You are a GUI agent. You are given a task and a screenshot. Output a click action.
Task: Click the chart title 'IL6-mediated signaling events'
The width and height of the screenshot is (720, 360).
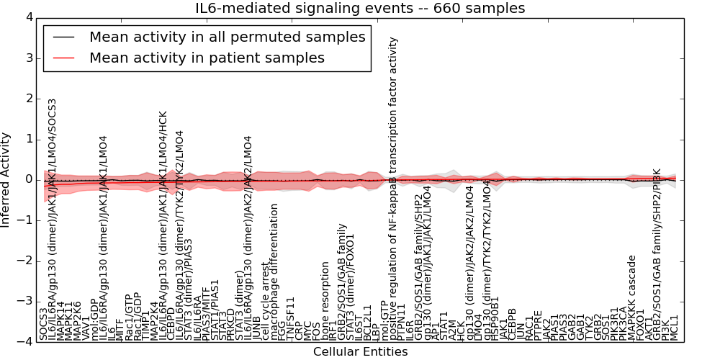360,9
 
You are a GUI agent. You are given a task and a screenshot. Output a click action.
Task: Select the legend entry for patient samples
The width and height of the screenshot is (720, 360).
207,58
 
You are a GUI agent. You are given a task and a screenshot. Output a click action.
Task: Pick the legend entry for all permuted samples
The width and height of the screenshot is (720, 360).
227,37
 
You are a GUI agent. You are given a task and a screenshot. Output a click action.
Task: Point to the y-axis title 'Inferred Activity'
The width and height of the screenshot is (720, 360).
6,179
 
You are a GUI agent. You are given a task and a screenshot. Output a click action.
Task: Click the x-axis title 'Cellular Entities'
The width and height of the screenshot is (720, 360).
360,352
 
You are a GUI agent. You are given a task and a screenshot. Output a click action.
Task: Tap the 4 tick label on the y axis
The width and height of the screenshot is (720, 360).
28,17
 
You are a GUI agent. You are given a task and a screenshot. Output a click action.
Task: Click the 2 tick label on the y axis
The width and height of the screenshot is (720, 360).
28,98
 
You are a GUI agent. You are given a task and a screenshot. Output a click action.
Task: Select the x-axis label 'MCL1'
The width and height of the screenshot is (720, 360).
675,328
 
